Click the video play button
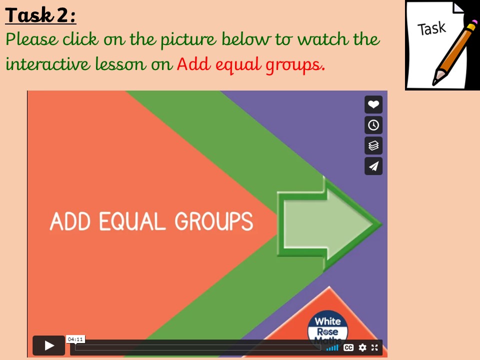[x=48, y=345]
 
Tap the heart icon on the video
[x=373, y=104]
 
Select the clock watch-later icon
[x=373, y=125]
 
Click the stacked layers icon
[x=373, y=145]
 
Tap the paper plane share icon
[x=373, y=166]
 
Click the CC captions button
[x=348, y=347]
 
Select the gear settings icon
[x=362, y=347]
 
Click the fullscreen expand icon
[x=374, y=347]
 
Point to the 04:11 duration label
[x=75, y=339]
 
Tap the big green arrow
[x=329, y=224]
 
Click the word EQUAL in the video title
[x=132, y=221]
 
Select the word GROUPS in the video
[x=213, y=221]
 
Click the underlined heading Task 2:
[x=40, y=15]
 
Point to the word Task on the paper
[x=431, y=28]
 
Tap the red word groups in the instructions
[x=295, y=65]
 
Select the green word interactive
[x=48, y=63]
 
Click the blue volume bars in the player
[x=332, y=348]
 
